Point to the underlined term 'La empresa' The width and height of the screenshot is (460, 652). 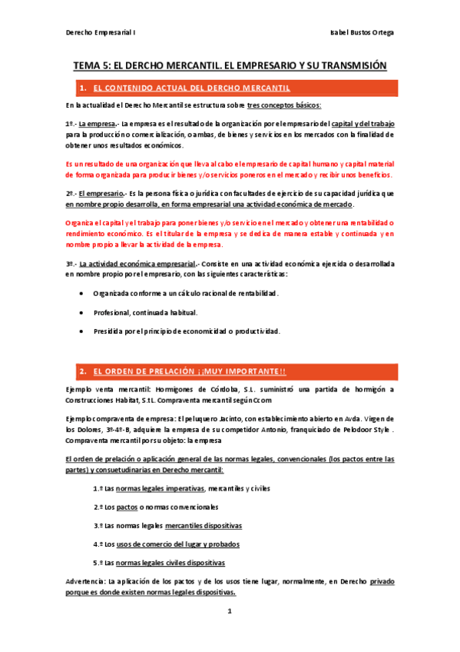click(97, 124)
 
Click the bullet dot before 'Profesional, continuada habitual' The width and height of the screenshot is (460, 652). click(83, 313)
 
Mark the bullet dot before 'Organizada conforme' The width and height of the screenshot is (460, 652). click(83, 294)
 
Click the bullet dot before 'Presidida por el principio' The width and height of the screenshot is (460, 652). click(83, 331)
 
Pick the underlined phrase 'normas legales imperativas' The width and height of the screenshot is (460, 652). click(160, 488)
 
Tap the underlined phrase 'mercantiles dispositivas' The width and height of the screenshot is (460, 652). click(204, 525)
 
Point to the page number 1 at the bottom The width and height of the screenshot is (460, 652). click(229, 611)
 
